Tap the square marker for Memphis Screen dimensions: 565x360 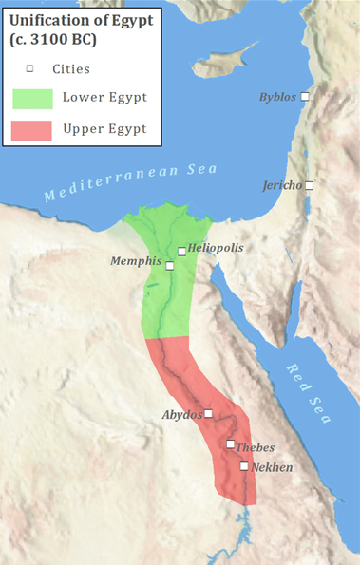tap(170, 265)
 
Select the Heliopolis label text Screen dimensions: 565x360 tap(216, 247)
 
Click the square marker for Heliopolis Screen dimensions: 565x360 tap(181, 252)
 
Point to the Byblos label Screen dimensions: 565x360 tap(278, 97)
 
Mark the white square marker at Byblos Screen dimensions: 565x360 tap(305, 97)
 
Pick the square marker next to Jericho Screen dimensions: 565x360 tap(309, 185)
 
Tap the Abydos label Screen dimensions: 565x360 tap(182, 414)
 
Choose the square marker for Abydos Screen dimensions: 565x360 tap(209, 414)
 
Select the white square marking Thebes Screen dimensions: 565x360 tap(230, 444)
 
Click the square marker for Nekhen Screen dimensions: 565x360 tap(244, 466)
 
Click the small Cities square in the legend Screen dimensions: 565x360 tap(29, 69)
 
